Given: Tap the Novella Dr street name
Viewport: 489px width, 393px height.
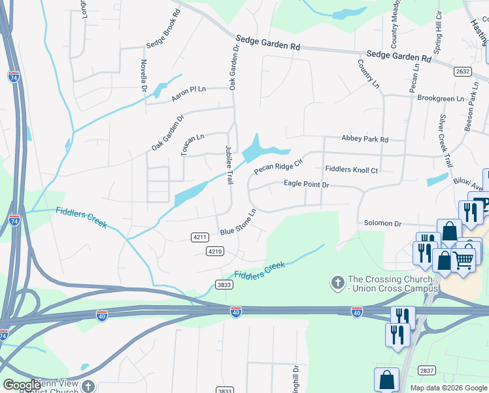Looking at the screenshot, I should pos(143,76).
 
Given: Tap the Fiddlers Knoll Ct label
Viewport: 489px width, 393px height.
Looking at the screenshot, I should pos(352,170).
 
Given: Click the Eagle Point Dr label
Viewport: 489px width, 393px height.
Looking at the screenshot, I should pos(306,185).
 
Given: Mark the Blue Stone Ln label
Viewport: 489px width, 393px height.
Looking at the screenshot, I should pos(237,222).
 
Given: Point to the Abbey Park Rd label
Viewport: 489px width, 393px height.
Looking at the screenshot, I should pos(365,139).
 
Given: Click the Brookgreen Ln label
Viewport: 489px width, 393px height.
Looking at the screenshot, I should pos(440,98).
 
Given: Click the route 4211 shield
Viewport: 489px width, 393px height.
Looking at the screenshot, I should pos(200,236).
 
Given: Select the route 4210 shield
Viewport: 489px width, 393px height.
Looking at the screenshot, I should pos(215,251).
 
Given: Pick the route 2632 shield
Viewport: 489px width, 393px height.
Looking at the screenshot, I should pos(462,71).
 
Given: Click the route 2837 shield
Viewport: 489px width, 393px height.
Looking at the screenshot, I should pos(426,370).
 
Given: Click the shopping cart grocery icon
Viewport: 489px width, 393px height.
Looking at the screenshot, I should pos(464,259).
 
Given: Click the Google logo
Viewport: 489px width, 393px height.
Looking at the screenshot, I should pos(22,385).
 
